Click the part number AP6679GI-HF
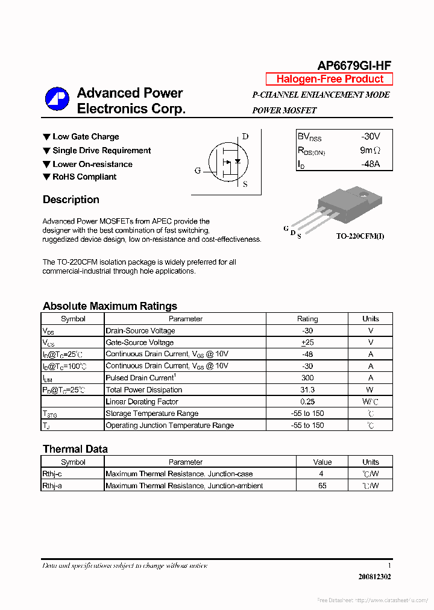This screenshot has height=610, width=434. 354,66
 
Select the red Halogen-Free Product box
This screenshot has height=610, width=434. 329,79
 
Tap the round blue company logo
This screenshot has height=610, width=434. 57,100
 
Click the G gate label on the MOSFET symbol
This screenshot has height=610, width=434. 198,171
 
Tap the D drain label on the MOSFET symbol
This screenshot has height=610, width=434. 245,136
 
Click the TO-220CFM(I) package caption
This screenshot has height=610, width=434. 360,236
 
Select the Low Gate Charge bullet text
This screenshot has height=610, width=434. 86,137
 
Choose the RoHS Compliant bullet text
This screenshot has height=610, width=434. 84,177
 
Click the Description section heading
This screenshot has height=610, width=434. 71,200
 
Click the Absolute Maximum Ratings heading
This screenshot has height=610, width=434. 110,306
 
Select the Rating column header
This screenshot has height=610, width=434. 307,319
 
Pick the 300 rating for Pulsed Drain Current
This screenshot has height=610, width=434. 307,378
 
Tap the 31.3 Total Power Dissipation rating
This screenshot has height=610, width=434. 307,390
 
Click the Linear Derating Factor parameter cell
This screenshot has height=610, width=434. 142,401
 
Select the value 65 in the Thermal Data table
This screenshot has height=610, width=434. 322,486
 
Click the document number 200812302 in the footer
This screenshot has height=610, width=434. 374,577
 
